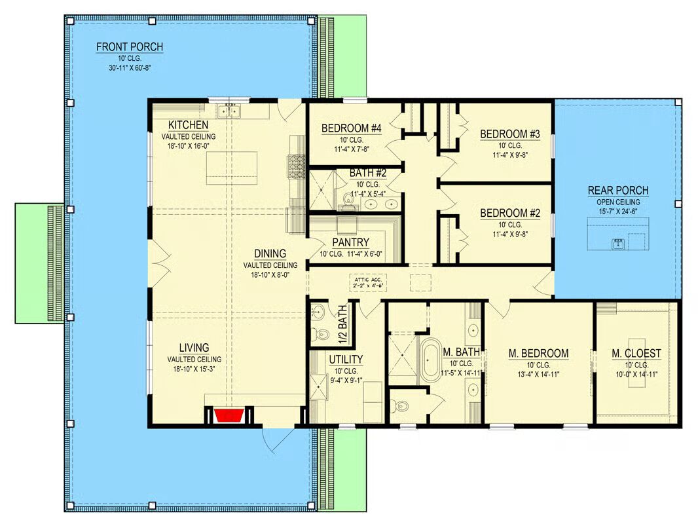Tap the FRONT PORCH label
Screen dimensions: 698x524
[130, 47]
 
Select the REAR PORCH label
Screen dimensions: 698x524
[618, 191]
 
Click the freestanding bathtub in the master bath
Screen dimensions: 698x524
[430, 360]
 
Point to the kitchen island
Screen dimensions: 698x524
[232, 168]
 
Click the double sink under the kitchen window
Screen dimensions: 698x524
[229, 110]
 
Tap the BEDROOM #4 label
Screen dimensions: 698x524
[351, 128]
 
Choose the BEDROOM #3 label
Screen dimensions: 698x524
[509, 134]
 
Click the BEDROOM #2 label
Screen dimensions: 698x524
[509, 214]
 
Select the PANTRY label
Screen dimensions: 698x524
[351, 242]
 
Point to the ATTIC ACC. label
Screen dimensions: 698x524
[368, 279]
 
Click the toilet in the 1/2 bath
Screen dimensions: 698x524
[320, 333]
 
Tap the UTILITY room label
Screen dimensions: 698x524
[346, 360]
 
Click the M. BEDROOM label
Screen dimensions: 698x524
[539, 354]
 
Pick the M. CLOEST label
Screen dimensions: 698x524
[636, 354]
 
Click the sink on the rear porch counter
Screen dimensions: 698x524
[618, 244]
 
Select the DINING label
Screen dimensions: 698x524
[270, 253]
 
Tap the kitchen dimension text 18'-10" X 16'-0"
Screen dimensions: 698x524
[189, 145]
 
